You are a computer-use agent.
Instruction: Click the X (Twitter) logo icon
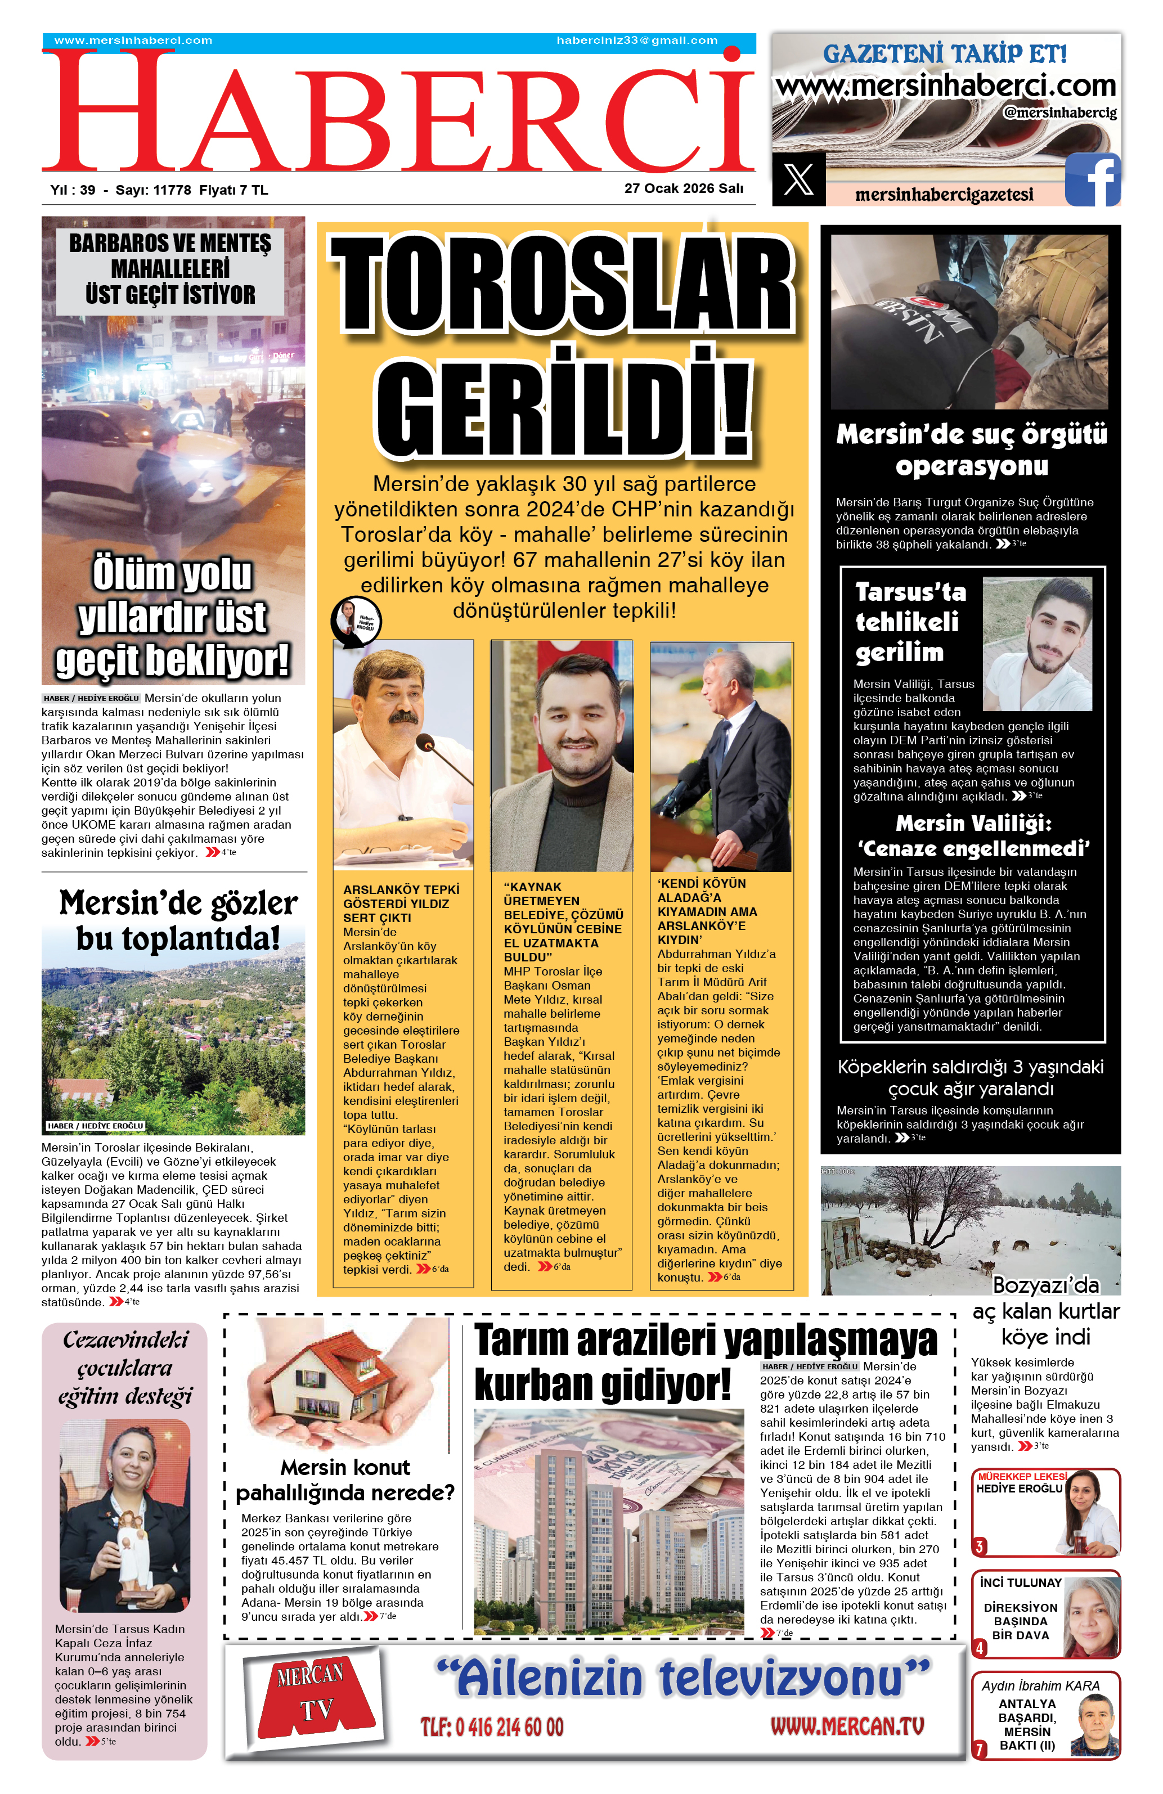pos(798,179)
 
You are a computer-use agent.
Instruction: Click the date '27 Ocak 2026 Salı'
pos(684,188)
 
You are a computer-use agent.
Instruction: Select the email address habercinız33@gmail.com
pos(637,41)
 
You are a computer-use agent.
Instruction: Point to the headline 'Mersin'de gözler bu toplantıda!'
pos(178,920)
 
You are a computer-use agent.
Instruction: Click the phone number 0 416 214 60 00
pos(492,1728)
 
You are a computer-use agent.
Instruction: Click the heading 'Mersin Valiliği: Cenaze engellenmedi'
pos(973,836)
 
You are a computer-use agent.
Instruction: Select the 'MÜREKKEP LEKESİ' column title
pos(1021,1477)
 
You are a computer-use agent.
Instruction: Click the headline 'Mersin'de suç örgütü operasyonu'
pos(972,450)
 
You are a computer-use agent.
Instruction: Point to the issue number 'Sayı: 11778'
pos(153,190)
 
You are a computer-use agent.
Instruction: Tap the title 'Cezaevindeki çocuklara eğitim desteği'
pos(125,1366)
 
